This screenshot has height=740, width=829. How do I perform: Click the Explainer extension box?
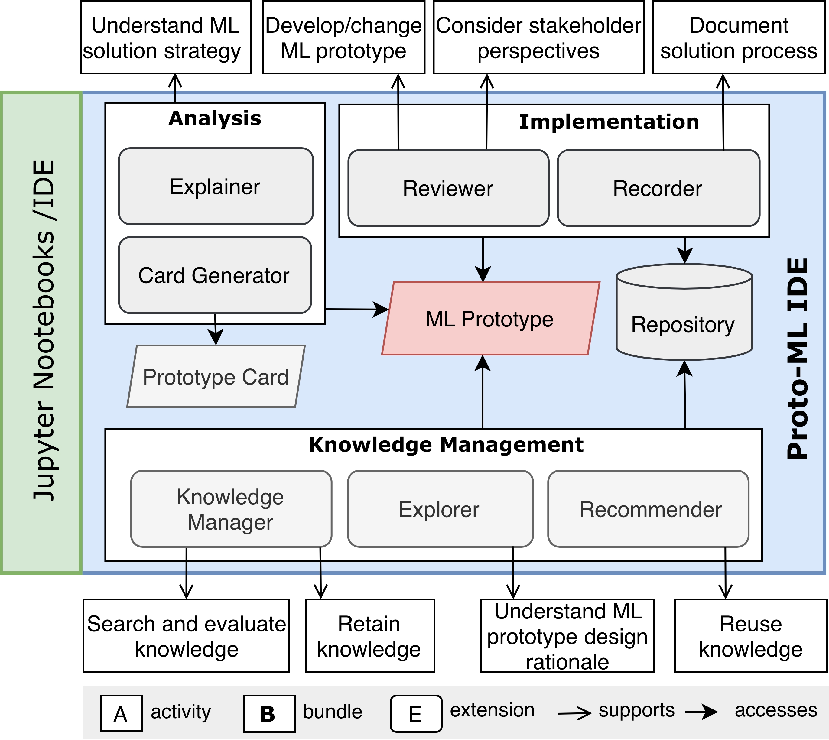[216, 186]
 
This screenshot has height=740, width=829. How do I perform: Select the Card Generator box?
[215, 275]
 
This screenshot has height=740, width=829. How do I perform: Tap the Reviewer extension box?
[448, 188]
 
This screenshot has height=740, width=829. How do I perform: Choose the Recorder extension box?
[658, 188]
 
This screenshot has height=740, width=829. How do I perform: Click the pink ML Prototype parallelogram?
[490, 318]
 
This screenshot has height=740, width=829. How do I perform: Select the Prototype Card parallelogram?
[216, 377]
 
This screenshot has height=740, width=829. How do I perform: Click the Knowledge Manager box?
[230, 509]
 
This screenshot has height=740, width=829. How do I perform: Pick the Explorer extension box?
[440, 509]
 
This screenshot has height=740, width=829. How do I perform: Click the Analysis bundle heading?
[215, 118]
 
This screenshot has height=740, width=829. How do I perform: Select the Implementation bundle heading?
[609, 122]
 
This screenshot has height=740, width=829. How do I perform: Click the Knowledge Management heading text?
[446, 444]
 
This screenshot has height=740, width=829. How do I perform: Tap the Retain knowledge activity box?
[369, 636]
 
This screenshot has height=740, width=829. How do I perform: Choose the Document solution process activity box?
[738, 38]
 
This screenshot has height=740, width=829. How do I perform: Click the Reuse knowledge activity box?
[750, 636]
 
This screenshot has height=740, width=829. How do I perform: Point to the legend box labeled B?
[269, 714]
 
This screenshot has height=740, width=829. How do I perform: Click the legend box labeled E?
[415, 714]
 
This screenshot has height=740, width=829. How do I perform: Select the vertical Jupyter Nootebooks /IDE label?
[44, 330]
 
